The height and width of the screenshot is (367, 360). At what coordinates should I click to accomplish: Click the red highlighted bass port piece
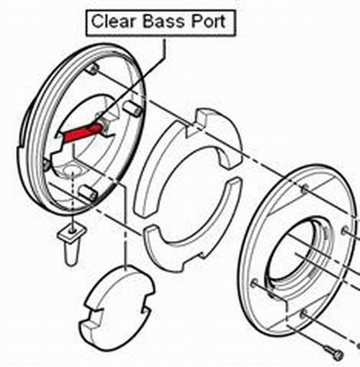tap(81, 133)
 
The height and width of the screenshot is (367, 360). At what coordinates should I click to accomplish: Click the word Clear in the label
tap(113, 22)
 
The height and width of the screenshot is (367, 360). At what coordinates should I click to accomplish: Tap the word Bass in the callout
tap(165, 22)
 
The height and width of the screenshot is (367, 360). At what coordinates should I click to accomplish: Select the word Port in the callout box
tap(208, 22)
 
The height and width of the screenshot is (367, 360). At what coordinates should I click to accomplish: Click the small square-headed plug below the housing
tap(71, 243)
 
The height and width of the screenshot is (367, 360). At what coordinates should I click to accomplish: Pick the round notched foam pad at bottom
tap(117, 308)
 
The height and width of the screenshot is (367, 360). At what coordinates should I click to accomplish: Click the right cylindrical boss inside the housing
tap(132, 109)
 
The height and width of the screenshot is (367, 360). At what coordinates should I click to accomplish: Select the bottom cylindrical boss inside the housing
tap(88, 193)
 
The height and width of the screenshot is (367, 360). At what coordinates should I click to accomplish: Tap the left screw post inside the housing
tap(46, 165)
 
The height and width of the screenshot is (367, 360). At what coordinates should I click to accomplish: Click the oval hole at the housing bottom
tap(71, 171)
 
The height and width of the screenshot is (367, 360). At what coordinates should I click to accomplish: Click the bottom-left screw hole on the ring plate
tap(255, 284)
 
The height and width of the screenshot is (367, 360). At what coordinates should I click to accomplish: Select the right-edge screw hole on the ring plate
tap(345, 231)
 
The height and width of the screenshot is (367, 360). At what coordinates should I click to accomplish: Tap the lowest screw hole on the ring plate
tap(305, 313)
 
